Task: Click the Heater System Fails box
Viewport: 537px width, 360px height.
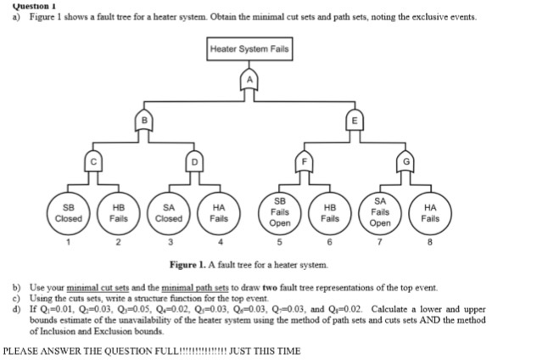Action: [249, 49]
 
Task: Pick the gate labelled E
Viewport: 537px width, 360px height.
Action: [357, 121]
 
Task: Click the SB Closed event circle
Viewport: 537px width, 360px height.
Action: [69, 212]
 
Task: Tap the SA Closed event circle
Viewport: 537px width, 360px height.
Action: [169, 212]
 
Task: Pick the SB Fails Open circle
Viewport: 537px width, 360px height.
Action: [280, 212]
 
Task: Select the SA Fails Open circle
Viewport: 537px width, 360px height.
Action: [381, 212]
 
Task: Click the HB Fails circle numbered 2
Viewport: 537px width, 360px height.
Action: [119, 212]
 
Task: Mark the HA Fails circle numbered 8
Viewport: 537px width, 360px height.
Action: [431, 212]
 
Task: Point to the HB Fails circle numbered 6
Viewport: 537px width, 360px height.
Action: [331, 212]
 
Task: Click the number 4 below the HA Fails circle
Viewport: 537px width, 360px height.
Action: [219, 244]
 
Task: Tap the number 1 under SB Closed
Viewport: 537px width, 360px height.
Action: [69, 244]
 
